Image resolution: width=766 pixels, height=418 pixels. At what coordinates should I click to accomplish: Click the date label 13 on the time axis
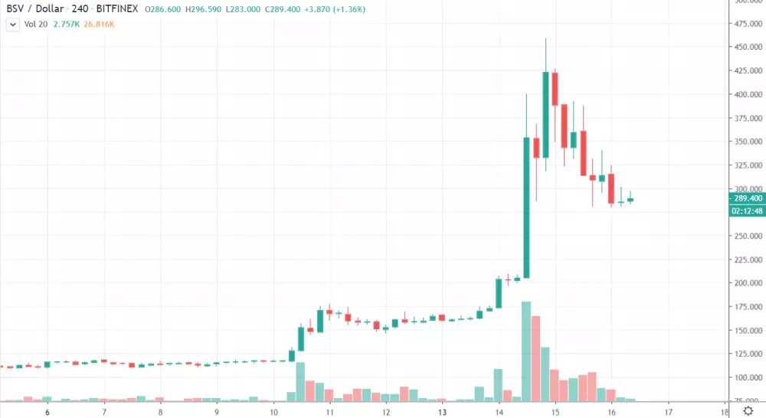442,411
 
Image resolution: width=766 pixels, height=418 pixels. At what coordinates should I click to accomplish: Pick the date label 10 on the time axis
273,411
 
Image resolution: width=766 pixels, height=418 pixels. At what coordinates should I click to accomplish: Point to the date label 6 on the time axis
47,411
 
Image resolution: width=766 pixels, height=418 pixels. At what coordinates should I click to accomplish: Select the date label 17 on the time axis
669,411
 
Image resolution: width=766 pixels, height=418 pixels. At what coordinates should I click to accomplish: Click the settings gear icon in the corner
748,411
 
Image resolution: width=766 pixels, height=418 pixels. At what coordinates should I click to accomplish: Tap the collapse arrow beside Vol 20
11,25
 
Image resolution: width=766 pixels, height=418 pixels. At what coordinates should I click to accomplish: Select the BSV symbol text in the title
15,10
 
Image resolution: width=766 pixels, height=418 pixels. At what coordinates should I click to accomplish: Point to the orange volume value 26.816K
100,25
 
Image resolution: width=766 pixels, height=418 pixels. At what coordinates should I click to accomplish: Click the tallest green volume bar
526,351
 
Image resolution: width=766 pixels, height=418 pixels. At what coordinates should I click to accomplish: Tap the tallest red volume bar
536,358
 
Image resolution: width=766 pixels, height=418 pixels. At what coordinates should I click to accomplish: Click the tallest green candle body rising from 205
526,207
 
